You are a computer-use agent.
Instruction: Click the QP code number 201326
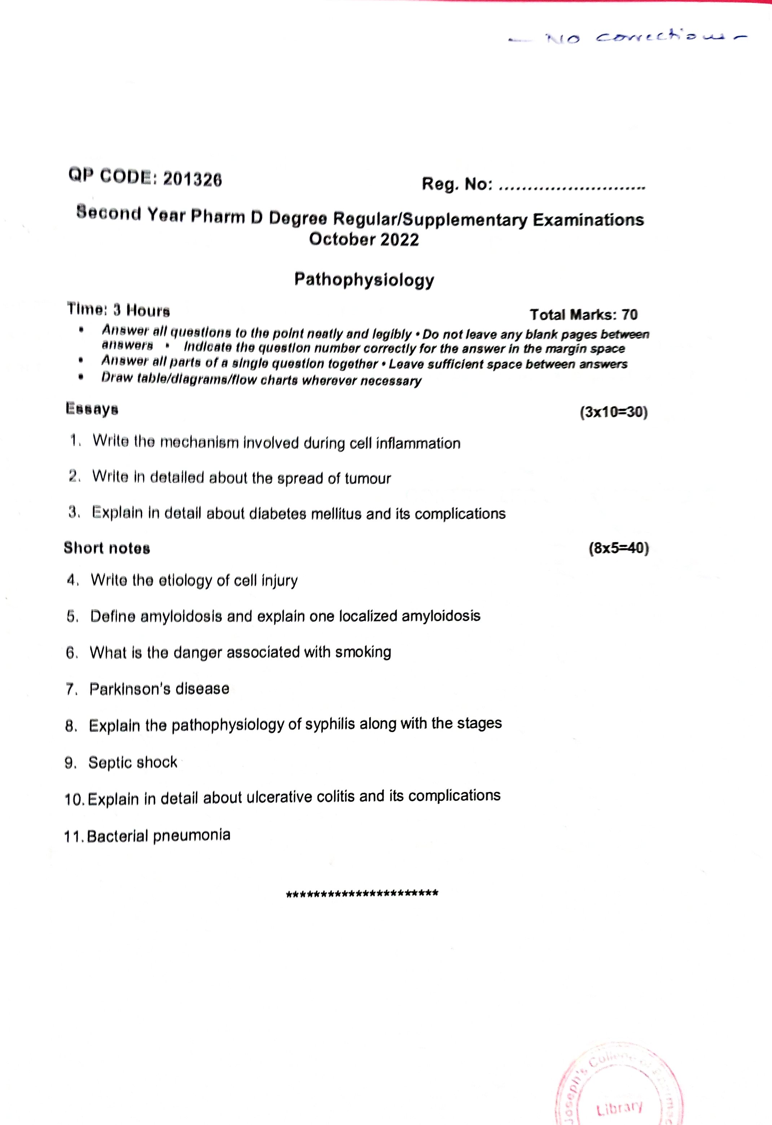coord(192,179)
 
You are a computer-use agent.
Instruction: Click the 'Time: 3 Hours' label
coord(118,309)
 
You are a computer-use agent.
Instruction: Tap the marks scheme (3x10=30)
coord(613,412)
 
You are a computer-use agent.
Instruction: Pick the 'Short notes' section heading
coord(107,548)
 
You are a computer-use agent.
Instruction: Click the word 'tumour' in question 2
coord(368,479)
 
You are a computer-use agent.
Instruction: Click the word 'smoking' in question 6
coord(363,652)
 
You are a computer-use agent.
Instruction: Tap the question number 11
coord(74,837)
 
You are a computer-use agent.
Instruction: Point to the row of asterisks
coord(362,894)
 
